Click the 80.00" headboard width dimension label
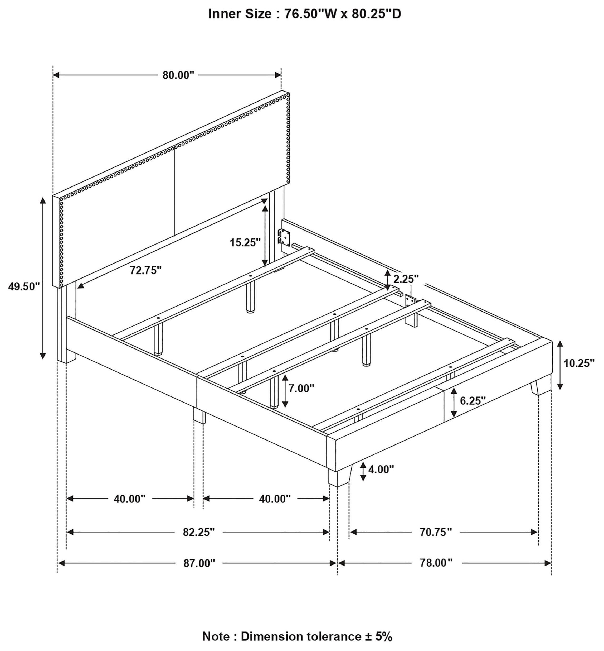click(178, 75)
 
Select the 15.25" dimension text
click(245, 242)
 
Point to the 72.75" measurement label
click(146, 270)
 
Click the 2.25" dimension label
click(406, 279)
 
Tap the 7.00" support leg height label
click(301, 388)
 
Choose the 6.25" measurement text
click(473, 400)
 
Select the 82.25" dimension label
click(199, 532)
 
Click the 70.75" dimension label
click(436, 532)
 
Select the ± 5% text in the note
click(378, 636)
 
